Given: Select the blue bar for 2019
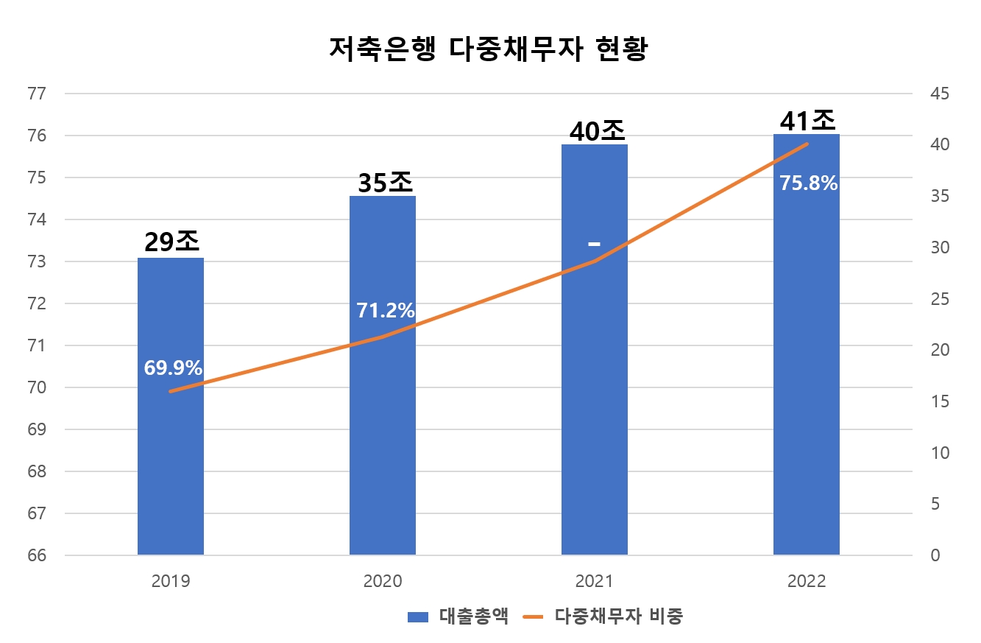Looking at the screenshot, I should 171,442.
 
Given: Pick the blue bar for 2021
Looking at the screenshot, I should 594,405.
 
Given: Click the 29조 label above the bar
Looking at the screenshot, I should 171,242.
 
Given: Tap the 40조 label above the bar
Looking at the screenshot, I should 597,130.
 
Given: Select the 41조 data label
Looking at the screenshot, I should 807,120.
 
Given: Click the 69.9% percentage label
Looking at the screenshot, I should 173,368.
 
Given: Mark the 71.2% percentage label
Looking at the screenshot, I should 385,311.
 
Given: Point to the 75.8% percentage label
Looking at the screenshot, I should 808,183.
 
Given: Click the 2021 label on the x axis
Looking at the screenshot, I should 594,581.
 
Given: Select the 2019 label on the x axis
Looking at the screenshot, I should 171,581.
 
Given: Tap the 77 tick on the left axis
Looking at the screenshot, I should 36,94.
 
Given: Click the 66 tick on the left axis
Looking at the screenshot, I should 36,555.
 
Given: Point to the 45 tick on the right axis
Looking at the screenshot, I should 940,94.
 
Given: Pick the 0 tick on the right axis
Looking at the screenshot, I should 935,555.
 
